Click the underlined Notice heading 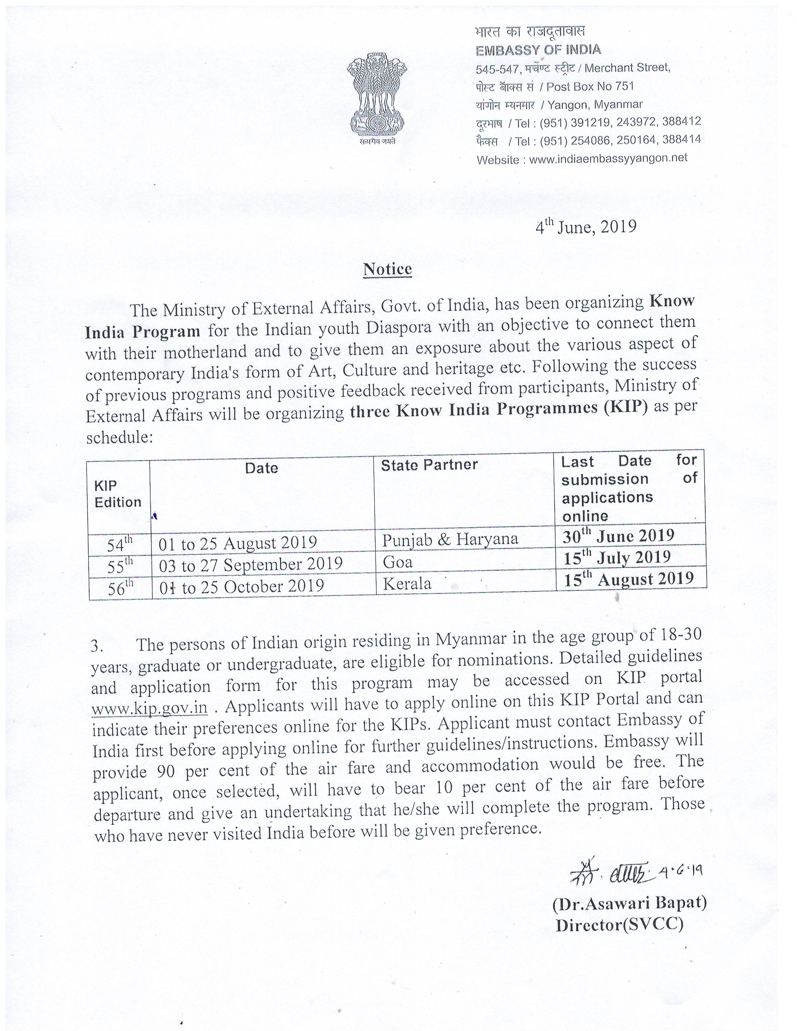[x=387, y=269]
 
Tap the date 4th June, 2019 [x=585, y=227]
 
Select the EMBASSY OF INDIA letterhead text [x=538, y=50]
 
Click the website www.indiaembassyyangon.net [x=608, y=159]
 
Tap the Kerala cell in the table [x=407, y=584]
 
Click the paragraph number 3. [x=97, y=646]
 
